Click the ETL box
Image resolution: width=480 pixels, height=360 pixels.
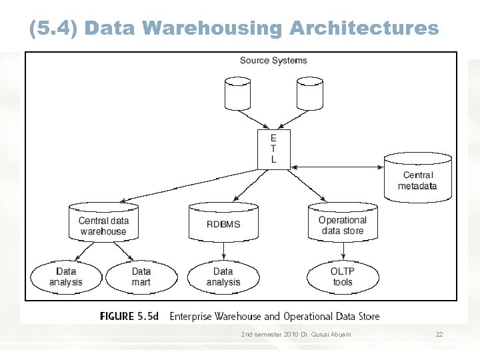pyautogui.click(x=273, y=149)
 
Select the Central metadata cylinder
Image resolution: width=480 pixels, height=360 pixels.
pyautogui.click(x=417, y=178)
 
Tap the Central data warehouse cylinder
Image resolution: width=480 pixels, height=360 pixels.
pyautogui.click(x=103, y=223)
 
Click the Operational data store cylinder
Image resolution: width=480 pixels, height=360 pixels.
pyautogui.click(x=343, y=223)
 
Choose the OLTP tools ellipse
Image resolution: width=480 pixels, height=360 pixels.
pyautogui.click(x=342, y=277)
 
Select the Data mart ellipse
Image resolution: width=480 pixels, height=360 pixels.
pyautogui.click(x=141, y=277)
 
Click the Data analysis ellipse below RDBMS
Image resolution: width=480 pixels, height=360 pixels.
pyautogui.click(x=223, y=277)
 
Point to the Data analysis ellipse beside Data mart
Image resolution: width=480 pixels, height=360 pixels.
pyautogui.click(x=66, y=277)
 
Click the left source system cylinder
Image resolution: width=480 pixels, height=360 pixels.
pyautogui.click(x=238, y=93)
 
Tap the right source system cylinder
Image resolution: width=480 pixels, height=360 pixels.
pyautogui.click(x=309, y=93)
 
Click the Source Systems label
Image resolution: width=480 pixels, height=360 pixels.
pyautogui.click(x=273, y=61)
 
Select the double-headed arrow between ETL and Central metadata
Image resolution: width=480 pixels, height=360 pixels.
pyautogui.click(x=337, y=166)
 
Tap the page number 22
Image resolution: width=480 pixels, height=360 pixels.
pyautogui.click(x=439, y=334)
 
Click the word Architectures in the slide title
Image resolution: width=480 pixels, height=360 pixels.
pyautogui.click(x=364, y=28)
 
